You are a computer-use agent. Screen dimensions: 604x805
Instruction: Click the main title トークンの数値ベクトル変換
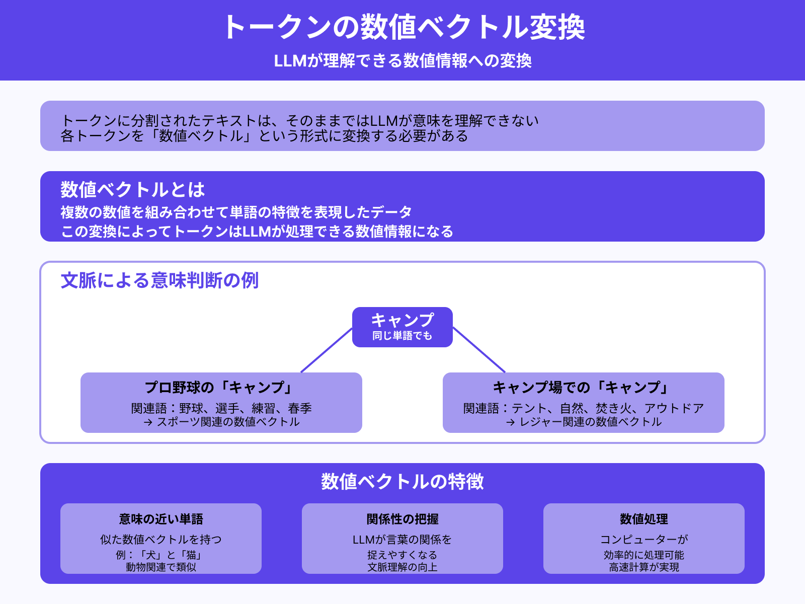403,27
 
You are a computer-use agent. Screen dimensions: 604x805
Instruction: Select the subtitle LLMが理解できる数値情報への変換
403,61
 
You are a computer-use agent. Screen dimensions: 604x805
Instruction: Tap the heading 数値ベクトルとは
133,190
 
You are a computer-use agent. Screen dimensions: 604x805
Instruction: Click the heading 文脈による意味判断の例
159,280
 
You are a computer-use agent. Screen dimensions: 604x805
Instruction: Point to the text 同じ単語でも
403,336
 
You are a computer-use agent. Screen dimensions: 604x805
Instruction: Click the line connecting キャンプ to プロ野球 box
327,350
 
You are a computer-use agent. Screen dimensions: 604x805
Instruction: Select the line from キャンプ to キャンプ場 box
479,350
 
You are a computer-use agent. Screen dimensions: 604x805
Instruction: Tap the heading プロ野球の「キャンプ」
221,388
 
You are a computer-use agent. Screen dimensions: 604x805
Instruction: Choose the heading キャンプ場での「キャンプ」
584,388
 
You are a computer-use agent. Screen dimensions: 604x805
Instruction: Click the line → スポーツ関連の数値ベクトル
221,422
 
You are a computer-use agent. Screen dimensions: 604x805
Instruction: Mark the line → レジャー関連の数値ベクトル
584,422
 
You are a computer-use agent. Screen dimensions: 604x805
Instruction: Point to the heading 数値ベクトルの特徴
403,482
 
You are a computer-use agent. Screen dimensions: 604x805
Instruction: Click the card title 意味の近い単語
161,519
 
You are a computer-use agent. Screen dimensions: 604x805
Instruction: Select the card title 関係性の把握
403,519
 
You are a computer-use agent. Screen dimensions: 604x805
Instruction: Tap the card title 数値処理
644,519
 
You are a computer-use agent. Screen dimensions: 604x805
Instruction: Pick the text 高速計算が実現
644,567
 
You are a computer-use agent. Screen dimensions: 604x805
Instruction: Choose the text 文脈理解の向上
403,567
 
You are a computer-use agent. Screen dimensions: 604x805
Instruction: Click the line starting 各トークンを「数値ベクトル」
264,136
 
